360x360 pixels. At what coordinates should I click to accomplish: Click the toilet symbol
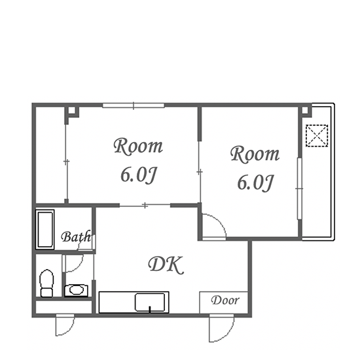pos(46,283)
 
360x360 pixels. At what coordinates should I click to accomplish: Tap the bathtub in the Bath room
pos(45,229)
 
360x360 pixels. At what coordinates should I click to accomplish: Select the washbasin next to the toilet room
pos(76,291)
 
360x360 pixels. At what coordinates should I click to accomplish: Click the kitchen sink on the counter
pos(150,302)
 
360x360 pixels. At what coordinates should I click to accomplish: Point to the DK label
pos(166,265)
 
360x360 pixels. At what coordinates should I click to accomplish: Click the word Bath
pos(76,237)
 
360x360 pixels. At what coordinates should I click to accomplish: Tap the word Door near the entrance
pos(225,300)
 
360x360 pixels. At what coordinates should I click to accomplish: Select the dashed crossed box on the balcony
pos(317,135)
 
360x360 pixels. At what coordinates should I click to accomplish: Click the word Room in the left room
pos(138,146)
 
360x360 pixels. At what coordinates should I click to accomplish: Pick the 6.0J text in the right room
pos(255,183)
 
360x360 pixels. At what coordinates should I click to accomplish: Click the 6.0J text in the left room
pos(139,175)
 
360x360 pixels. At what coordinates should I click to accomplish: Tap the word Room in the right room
pos(255,154)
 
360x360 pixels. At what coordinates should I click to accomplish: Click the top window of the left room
pos(134,105)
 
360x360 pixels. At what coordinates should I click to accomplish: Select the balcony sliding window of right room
pos(299,189)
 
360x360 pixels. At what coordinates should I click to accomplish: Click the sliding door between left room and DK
pos(145,205)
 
